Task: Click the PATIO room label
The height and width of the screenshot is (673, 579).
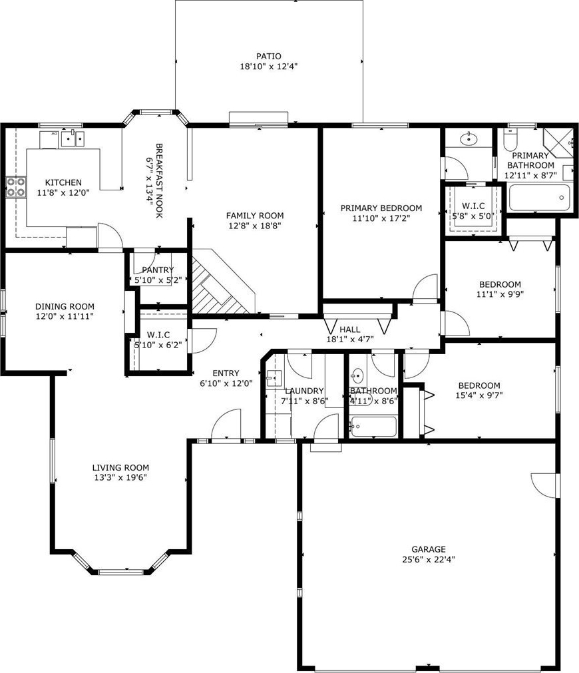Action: [x=269, y=56]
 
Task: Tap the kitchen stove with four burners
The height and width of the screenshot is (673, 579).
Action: [x=15, y=187]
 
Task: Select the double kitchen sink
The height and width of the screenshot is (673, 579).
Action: [x=73, y=138]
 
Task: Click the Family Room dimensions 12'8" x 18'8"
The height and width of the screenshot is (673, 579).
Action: [x=254, y=226]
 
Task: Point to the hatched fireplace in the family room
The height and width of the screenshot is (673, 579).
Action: [x=219, y=286]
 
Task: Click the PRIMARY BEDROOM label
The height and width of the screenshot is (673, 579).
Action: [x=381, y=208]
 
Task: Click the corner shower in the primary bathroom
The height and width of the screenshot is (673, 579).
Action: [x=558, y=142]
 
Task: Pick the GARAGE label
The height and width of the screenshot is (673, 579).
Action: [x=429, y=549]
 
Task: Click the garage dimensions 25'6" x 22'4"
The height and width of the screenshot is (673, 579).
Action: [x=429, y=559]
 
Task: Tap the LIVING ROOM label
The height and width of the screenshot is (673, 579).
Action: [x=120, y=467]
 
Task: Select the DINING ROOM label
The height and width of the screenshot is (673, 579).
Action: [x=65, y=306]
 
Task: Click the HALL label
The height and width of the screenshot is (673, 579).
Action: [x=350, y=330]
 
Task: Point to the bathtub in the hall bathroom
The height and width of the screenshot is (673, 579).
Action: [x=373, y=427]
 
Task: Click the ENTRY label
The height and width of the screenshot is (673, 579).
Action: [x=226, y=373]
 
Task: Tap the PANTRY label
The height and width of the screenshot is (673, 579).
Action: [x=158, y=270]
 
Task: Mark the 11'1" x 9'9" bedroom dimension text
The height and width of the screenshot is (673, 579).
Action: [x=500, y=294]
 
